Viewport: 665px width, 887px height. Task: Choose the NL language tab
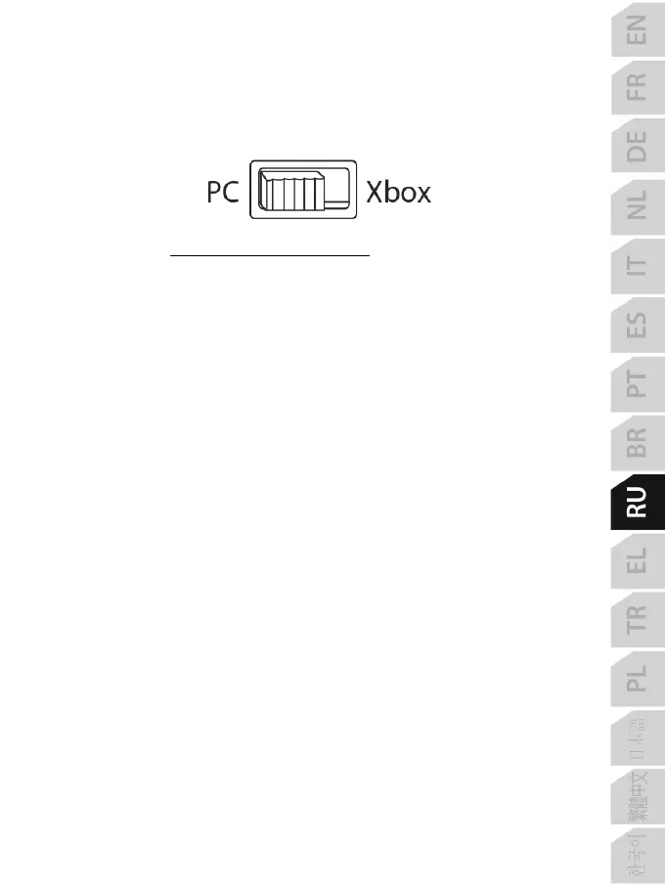click(x=637, y=205)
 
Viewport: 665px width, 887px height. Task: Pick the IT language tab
click(x=637, y=265)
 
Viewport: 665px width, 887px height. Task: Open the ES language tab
click(x=637, y=324)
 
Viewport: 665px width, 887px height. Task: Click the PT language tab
click(x=637, y=383)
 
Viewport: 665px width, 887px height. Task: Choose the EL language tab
click(x=637, y=560)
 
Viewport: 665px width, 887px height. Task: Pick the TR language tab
click(x=637, y=620)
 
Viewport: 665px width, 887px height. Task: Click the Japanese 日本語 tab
click(x=637, y=738)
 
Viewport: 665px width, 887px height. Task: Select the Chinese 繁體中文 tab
click(x=637, y=797)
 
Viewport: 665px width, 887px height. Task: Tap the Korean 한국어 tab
click(x=637, y=855)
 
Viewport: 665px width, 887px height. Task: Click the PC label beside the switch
click(x=223, y=193)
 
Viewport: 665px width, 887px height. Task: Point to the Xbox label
click(x=398, y=193)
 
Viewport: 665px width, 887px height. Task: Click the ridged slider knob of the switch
click(x=289, y=191)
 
